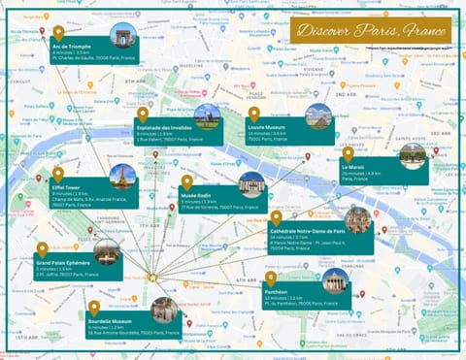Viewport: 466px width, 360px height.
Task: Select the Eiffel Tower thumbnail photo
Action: (x=122, y=177)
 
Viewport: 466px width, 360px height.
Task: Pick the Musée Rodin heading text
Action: (x=196, y=195)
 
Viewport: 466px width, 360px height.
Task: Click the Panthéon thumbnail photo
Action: (x=336, y=281)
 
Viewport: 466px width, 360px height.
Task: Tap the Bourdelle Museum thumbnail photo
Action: (x=163, y=310)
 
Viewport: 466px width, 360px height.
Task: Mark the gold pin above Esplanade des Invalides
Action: (x=142, y=115)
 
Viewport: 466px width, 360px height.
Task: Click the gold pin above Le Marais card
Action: (x=348, y=153)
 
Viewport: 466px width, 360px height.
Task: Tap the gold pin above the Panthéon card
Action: (x=270, y=278)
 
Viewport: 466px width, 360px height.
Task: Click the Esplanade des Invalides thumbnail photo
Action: (x=207, y=116)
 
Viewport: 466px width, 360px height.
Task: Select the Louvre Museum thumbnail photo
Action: (x=318, y=116)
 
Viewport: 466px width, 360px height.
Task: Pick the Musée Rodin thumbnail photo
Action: (x=251, y=184)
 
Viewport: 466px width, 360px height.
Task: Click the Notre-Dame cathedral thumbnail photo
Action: (x=358, y=219)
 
